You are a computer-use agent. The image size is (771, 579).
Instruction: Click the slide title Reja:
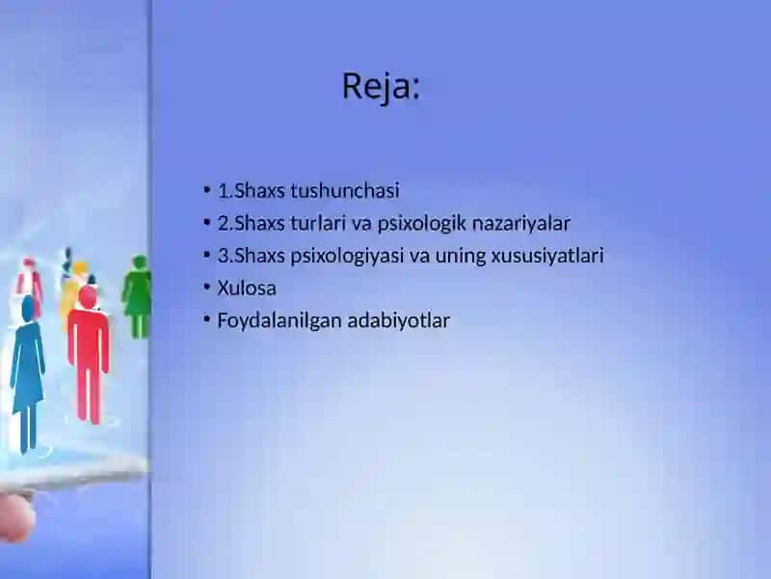click(381, 87)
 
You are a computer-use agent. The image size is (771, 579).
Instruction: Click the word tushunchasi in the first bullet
click(345, 190)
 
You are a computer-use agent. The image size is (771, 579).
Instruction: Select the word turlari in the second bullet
click(318, 223)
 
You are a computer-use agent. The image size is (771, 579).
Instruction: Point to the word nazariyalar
click(521, 224)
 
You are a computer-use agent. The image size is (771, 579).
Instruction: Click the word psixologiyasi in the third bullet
click(347, 257)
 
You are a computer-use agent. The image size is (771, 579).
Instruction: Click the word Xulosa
click(247, 288)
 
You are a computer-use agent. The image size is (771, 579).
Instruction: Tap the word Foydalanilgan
click(279, 321)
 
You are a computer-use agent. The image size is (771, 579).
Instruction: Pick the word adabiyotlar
click(399, 320)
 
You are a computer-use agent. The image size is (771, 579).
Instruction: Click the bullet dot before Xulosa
click(207, 287)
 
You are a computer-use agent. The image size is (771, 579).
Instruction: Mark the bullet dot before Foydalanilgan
click(207, 319)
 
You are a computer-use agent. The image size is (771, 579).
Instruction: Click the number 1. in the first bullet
click(226, 190)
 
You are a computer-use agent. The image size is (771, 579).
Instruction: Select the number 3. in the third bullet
click(226, 256)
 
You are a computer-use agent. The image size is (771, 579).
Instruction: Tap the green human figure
click(137, 297)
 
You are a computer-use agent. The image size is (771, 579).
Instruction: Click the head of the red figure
click(88, 297)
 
